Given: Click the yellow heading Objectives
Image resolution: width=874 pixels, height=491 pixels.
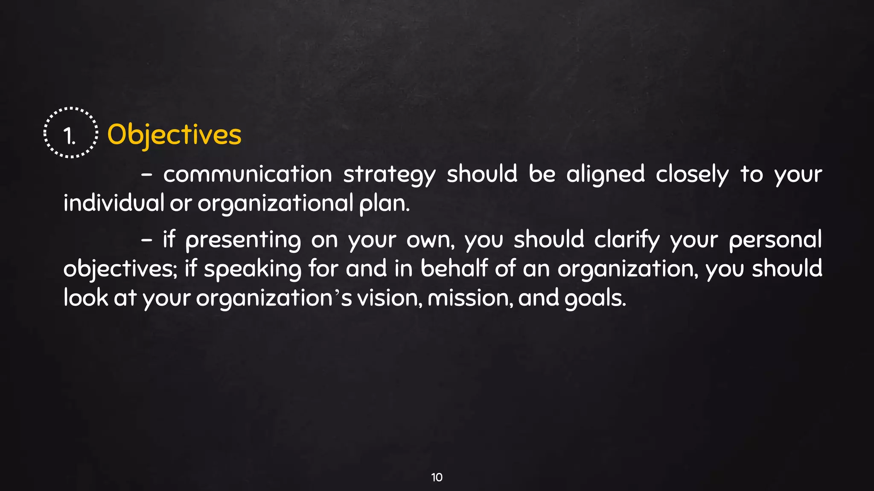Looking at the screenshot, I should point(174,135).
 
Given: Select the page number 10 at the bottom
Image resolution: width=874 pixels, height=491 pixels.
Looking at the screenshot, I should point(437,477).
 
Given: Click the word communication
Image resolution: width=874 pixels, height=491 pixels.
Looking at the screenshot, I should point(248,175).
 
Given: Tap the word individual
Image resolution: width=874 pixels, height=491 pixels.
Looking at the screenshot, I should point(114,203).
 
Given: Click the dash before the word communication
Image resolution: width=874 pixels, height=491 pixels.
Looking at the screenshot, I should point(146,175).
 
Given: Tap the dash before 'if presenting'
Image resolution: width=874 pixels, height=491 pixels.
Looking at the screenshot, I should point(146,240).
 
